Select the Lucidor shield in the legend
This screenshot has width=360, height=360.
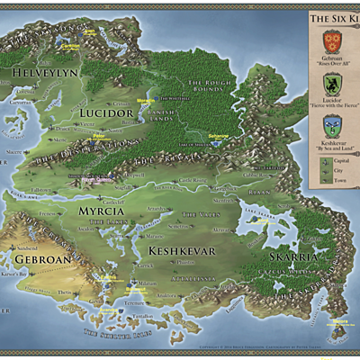point(334,85)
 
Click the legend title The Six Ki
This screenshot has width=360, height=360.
point(334,17)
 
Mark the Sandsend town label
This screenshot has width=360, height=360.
point(27,248)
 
